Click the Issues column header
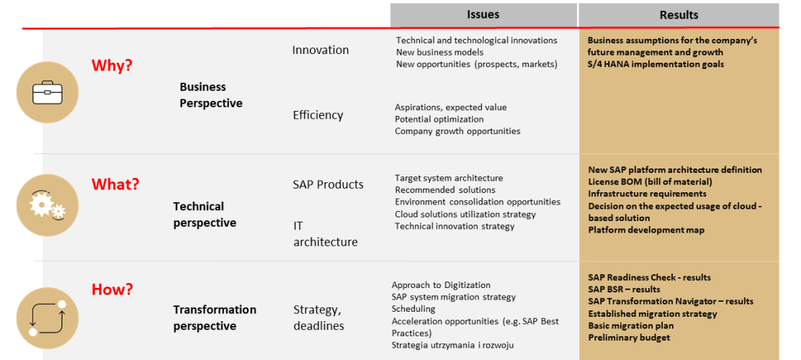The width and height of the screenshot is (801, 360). click(483, 15)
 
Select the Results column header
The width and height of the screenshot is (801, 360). click(679, 15)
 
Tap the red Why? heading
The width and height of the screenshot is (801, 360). click(112, 66)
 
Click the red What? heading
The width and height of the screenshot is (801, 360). click(115, 184)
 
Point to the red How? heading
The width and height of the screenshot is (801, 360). click(112, 289)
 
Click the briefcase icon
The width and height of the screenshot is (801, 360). click(48, 92)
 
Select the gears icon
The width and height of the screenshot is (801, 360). click(48, 204)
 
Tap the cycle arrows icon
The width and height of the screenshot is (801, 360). click(48, 318)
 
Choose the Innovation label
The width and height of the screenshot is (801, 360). click(321, 50)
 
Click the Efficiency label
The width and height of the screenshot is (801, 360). click(318, 115)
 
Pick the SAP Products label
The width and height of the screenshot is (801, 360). click(328, 184)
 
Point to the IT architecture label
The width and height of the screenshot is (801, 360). click(326, 234)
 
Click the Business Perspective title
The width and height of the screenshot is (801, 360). click(210, 95)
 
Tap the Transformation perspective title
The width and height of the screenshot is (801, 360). click(215, 318)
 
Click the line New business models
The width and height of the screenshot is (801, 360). click(439, 52)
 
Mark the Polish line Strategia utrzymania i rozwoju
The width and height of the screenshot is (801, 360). click(452, 345)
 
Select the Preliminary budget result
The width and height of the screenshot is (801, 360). click(629, 338)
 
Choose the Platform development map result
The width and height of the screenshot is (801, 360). click(646, 230)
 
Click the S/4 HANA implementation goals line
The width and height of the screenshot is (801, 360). click(656, 64)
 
